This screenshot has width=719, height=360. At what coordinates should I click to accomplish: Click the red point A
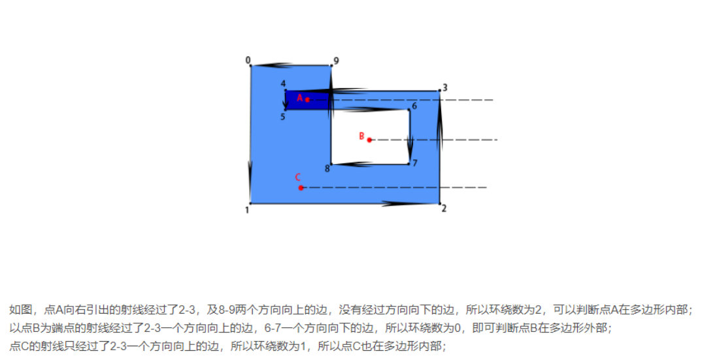tap(307, 100)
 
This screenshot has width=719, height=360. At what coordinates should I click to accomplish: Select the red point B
tap(369, 140)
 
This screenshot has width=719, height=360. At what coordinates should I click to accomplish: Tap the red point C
tap(301, 188)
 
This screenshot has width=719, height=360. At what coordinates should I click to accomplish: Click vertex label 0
tap(248, 60)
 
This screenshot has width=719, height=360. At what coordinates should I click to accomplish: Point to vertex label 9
tap(336, 61)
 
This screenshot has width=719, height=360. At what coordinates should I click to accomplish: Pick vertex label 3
tap(445, 88)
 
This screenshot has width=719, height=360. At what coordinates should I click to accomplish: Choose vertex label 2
tap(444, 208)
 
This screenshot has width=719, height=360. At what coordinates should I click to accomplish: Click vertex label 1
tap(247, 210)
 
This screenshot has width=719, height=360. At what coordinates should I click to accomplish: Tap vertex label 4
tap(283, 84)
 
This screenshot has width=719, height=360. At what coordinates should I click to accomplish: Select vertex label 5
tap(283, 117)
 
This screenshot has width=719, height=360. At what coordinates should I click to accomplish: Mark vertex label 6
tap(414, 106)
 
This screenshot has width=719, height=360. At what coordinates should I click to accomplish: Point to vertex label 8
tap(327, 168)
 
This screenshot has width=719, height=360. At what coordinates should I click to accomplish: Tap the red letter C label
tap(298, 177)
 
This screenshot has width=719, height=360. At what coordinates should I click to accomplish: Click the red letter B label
tap(361, 136)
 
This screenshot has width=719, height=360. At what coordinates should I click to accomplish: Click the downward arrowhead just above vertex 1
tap(250, 178)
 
